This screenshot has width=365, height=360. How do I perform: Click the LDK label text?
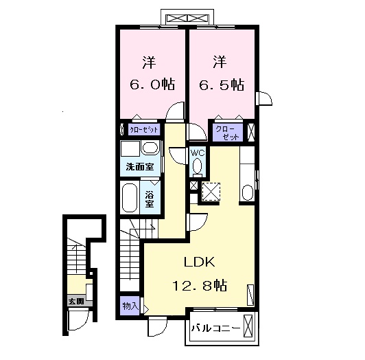[x=200, y=262]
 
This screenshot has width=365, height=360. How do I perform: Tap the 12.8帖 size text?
[x=200, y=284]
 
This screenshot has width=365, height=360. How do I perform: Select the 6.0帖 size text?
[x=152, y=85]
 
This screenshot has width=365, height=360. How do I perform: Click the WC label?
[x=197, y=153]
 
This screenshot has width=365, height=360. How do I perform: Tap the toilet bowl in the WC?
[x=198, y=166]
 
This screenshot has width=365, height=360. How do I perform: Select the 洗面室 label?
[x=139, y=167]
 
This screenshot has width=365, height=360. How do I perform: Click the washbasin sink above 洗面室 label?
[x=151, y=149]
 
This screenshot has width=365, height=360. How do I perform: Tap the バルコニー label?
[x=215, y=328]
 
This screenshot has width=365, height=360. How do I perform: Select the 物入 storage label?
[x=130, y=305]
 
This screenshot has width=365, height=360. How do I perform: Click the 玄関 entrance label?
[x=75, y=301]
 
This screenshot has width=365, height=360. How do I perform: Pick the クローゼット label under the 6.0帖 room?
[x=144, y=129]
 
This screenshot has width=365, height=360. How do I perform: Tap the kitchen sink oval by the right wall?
[x=247, y=190]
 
